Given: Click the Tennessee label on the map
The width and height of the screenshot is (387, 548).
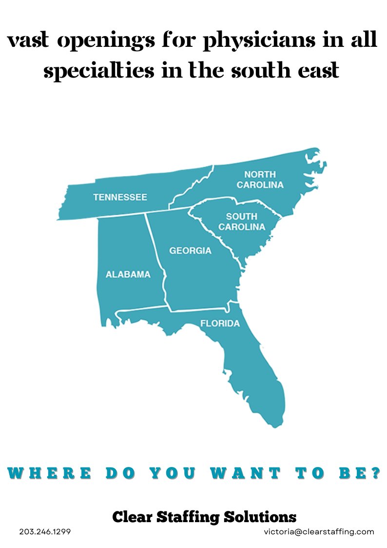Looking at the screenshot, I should (120, 197).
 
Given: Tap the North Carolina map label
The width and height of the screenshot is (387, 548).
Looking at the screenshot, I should (260, 180).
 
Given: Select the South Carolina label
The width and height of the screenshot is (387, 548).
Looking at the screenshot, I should (241, 222).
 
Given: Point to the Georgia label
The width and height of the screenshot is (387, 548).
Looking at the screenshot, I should (190, 251).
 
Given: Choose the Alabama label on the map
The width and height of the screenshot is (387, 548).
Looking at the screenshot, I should (128, 274).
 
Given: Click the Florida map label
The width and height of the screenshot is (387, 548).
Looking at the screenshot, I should (220, 323).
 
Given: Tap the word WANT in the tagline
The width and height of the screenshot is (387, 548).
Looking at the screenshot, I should (245, 473).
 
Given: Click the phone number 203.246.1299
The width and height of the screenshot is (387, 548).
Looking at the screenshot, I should (45, 532).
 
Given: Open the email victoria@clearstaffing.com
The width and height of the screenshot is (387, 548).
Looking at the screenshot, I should (319, 532).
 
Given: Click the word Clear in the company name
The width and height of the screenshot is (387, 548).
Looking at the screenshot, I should (132, 516).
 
